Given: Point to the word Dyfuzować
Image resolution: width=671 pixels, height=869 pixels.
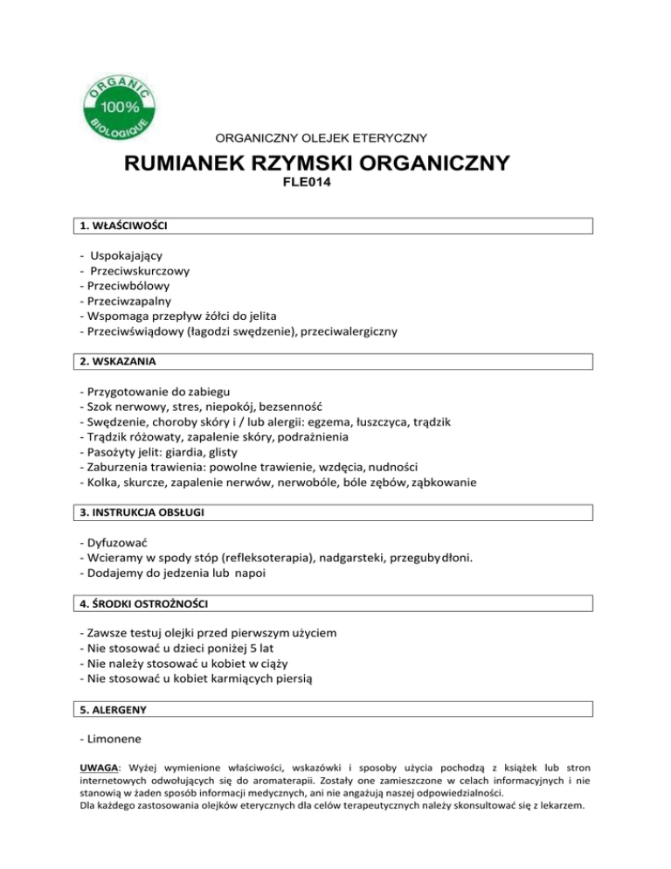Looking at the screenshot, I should (117, 542).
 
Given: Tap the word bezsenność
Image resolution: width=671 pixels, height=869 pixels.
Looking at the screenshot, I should (285, 407).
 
